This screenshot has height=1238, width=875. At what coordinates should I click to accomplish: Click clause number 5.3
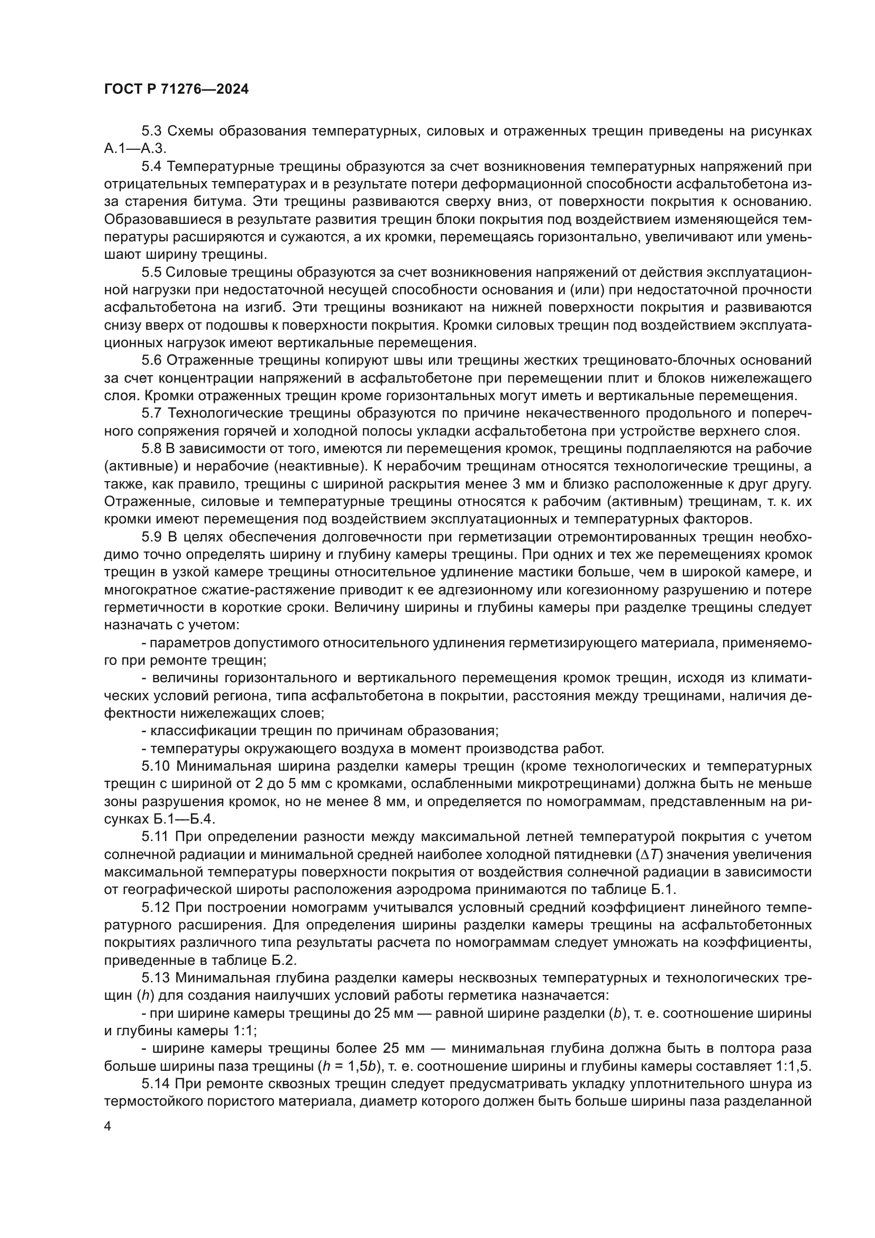(x=151, y=131)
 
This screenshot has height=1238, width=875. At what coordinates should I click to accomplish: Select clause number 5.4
(x=151, y=167)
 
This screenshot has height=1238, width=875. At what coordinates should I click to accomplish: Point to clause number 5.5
(x=151, y=272)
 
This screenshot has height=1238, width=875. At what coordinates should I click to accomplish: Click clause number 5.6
(x=151, y=360)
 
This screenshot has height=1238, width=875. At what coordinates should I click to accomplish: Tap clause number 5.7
(x=151, y=413)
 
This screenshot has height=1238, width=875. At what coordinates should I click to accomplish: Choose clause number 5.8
(x=151, y=449)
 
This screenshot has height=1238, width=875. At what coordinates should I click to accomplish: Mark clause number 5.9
(x=151, y=537)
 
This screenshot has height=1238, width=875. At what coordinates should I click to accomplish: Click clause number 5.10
(x=154, y=766)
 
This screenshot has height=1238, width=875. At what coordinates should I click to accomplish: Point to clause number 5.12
(x=154, y=907)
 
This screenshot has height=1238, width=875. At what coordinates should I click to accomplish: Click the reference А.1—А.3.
(x=135, y=149)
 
